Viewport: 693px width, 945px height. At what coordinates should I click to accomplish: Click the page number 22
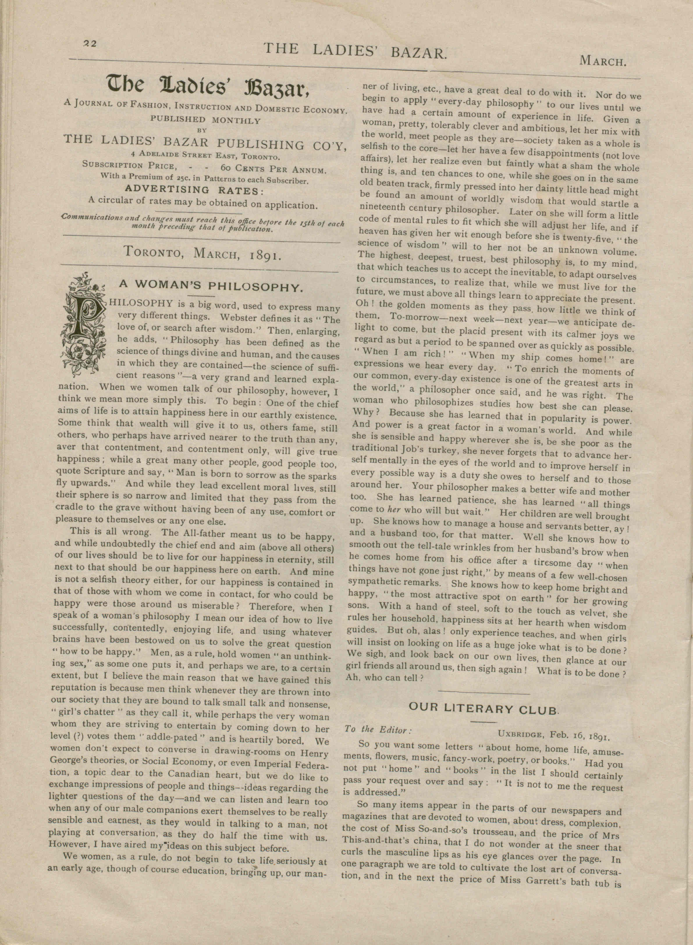pyautogui.click(x=90, y=44)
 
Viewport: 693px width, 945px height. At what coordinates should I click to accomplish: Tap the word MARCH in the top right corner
pyautogui.click(x=603, y=61)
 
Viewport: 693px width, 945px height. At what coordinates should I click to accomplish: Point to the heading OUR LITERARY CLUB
pyautogui.click(x=484, y=709)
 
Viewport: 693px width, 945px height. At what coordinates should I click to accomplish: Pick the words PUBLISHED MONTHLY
pyautogui.click(x=206, y=120)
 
